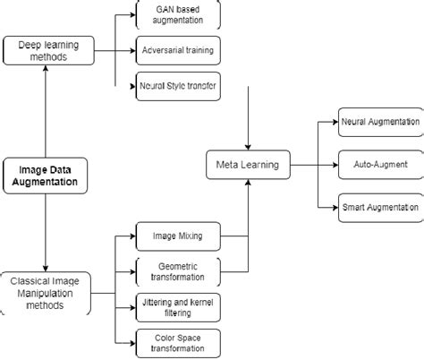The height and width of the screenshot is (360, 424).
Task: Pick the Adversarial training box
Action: (x=178, y=51)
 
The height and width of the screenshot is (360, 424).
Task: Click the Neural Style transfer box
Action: (x=178, y=87)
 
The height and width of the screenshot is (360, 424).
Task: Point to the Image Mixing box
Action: (x=178, y=236)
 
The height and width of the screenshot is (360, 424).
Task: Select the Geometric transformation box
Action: (x=178, y=270)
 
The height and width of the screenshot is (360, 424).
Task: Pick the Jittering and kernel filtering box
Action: (x=178, y=305)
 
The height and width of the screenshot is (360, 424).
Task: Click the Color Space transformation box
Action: (x=178, y=341)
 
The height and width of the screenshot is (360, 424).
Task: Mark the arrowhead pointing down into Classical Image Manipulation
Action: (x=45, y=265)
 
